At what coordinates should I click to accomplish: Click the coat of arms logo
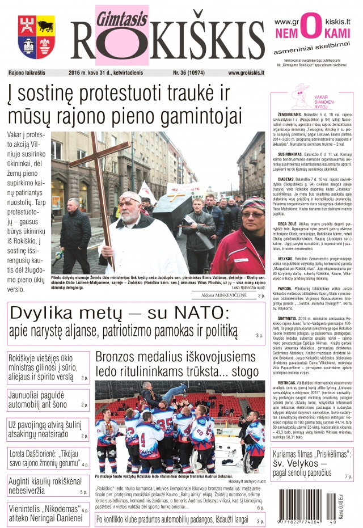[x=36, y=37]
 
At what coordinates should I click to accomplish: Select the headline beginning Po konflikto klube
[x=172, y=518]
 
